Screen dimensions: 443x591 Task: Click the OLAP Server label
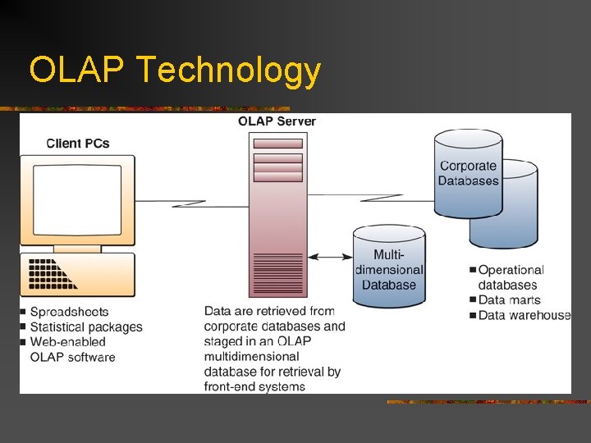[277, 121]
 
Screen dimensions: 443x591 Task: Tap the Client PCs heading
[78, 144]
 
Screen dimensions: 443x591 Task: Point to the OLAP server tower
[277, 213]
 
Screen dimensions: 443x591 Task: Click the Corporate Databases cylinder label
[468, 173]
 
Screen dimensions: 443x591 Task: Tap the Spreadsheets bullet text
[69, 312]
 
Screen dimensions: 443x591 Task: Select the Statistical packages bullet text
[86, 327]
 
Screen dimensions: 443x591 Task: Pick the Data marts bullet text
[509, 300]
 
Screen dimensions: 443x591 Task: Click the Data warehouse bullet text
[524, 315]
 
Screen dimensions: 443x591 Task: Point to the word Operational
[511, 270]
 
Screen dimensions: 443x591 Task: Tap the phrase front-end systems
[254, 386]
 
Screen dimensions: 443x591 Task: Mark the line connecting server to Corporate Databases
[369, 194]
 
